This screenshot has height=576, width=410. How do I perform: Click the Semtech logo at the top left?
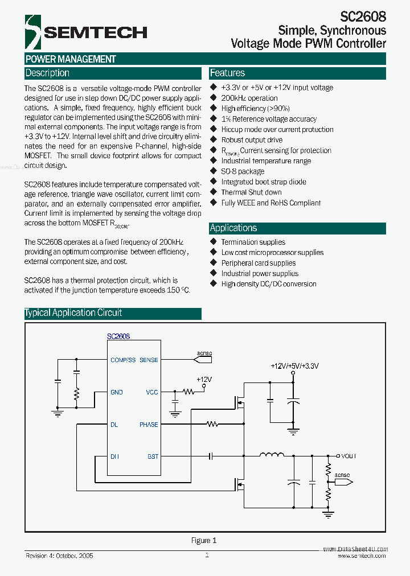click(x=85, y=32)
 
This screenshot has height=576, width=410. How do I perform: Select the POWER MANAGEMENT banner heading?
click(x=71, y=59)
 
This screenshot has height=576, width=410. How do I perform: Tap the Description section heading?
click(x=47, y=73)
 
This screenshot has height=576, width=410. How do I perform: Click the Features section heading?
click(x=227, y=73)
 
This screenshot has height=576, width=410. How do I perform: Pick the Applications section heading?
click(x=233, y=228)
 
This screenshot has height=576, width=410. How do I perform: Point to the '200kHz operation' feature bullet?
click(x=249, y=98)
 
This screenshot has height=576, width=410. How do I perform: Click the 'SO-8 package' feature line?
click(x=243, y=171)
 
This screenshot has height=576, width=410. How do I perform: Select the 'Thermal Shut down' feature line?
click(x=251, y=192)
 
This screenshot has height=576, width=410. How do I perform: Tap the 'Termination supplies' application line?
click(x=253, y=242)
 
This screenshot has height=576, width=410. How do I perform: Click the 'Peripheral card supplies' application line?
click(x=259, y=263)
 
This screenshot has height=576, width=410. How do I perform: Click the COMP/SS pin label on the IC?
click(x=123, y=360)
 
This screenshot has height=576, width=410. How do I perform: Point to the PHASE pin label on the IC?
click(x=149, y=425)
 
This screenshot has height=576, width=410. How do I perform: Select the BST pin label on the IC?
click(x=153, y=456)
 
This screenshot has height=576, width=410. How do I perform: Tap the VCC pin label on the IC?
click(x=152, y=392)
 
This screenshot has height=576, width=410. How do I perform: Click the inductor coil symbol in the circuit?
click(x=272, y=455)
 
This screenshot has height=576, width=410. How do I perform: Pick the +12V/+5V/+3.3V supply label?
click(x=294, y=367)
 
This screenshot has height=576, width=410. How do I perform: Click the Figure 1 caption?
click(x=204, y=541)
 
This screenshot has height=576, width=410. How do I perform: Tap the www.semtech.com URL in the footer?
click(x=362, y=556)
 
